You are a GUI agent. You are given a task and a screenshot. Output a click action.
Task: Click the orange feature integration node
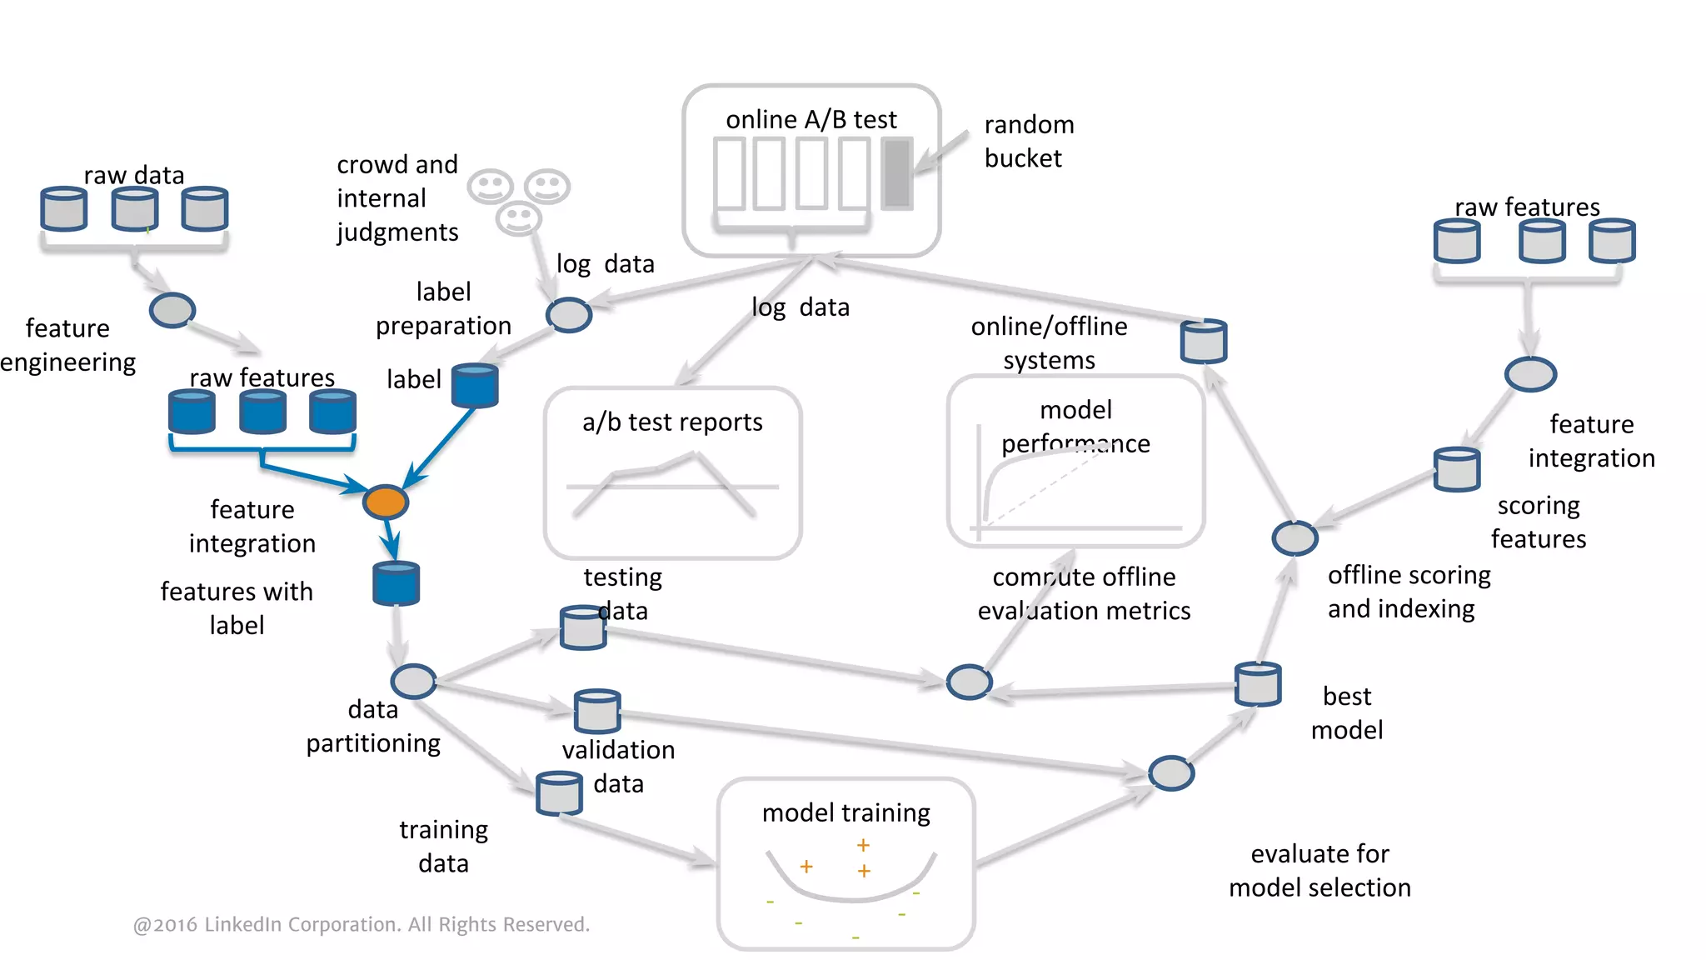(385, 502)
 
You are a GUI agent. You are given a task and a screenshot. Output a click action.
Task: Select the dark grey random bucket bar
(897, 173)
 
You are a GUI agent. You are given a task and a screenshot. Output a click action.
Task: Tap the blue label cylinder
(475, 386)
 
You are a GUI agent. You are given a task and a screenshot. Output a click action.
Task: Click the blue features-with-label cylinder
(396, 582)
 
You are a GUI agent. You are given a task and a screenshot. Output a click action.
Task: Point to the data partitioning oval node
(413, 681)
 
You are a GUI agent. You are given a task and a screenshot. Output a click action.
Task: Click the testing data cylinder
(582, 627)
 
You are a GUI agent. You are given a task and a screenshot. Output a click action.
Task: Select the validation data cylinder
(596, 711)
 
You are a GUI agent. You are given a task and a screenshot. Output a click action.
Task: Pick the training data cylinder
(558, 792)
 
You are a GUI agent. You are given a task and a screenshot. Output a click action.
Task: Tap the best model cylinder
(1257, 683)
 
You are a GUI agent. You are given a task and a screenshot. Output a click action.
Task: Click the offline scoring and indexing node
(1294, 538)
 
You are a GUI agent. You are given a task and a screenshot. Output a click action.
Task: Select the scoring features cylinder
(1456, 469)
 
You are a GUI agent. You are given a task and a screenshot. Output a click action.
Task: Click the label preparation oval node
(568, 315)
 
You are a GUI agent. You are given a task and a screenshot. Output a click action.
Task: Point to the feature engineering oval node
(172, 310)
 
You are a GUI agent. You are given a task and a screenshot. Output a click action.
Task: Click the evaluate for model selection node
(1170, 773)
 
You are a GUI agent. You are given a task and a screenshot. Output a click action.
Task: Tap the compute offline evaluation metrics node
(969, 682)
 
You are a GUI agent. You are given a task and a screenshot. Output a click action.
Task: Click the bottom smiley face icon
(518, 218)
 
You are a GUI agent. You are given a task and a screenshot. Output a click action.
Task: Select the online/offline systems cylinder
(1203, 341)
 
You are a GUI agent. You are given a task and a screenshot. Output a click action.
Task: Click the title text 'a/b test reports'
(672, 422)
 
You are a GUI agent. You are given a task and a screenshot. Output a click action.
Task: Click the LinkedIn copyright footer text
(361, 924)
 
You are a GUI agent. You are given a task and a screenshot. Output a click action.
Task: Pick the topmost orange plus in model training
(863, 845)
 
